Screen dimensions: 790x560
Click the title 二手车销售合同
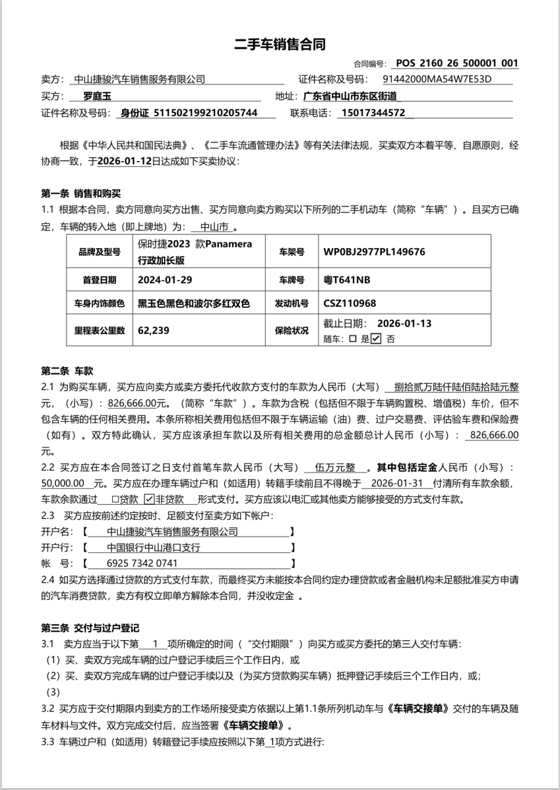pyautogui.click(x=279, y=44)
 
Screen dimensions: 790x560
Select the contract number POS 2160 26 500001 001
pyautogui.click(x=456, y=63)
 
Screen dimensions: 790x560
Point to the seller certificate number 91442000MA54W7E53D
pyautogui.click(x=437, y=79)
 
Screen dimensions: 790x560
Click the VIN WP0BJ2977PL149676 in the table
pyautogui.click(x=374, y=252)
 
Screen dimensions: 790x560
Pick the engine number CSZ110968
pyautogui.click(x=349, y=303)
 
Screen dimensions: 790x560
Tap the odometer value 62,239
pyautogui.click(x=154, y=330)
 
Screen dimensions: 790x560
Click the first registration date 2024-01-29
pyautogui.click(x=165, y=280)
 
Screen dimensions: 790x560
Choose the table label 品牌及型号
pyautogui.click(x=99, y=252)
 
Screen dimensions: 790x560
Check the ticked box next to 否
pyautogui.click(x=376, y=338)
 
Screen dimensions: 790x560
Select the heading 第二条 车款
pyautogui.click(x=67, y=371)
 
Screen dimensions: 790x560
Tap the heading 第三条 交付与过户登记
pyautogui.click(x=90, y=628)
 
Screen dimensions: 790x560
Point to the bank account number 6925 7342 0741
pyautogui.click(x=142, y=563)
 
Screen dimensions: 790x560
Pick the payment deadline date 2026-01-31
pyautogui.click(x=398, y=483)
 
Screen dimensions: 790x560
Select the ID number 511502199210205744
pyautogui.click(x=205, y=113)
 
